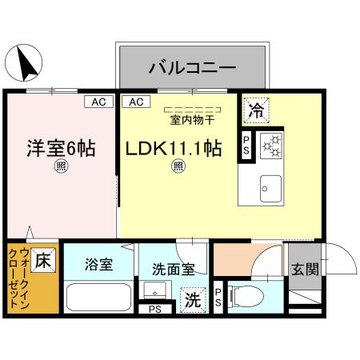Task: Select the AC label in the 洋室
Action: (98, 102)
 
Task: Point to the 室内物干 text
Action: (192, 121)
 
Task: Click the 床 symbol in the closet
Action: (44, 261)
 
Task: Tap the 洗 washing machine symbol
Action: (193, 300)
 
